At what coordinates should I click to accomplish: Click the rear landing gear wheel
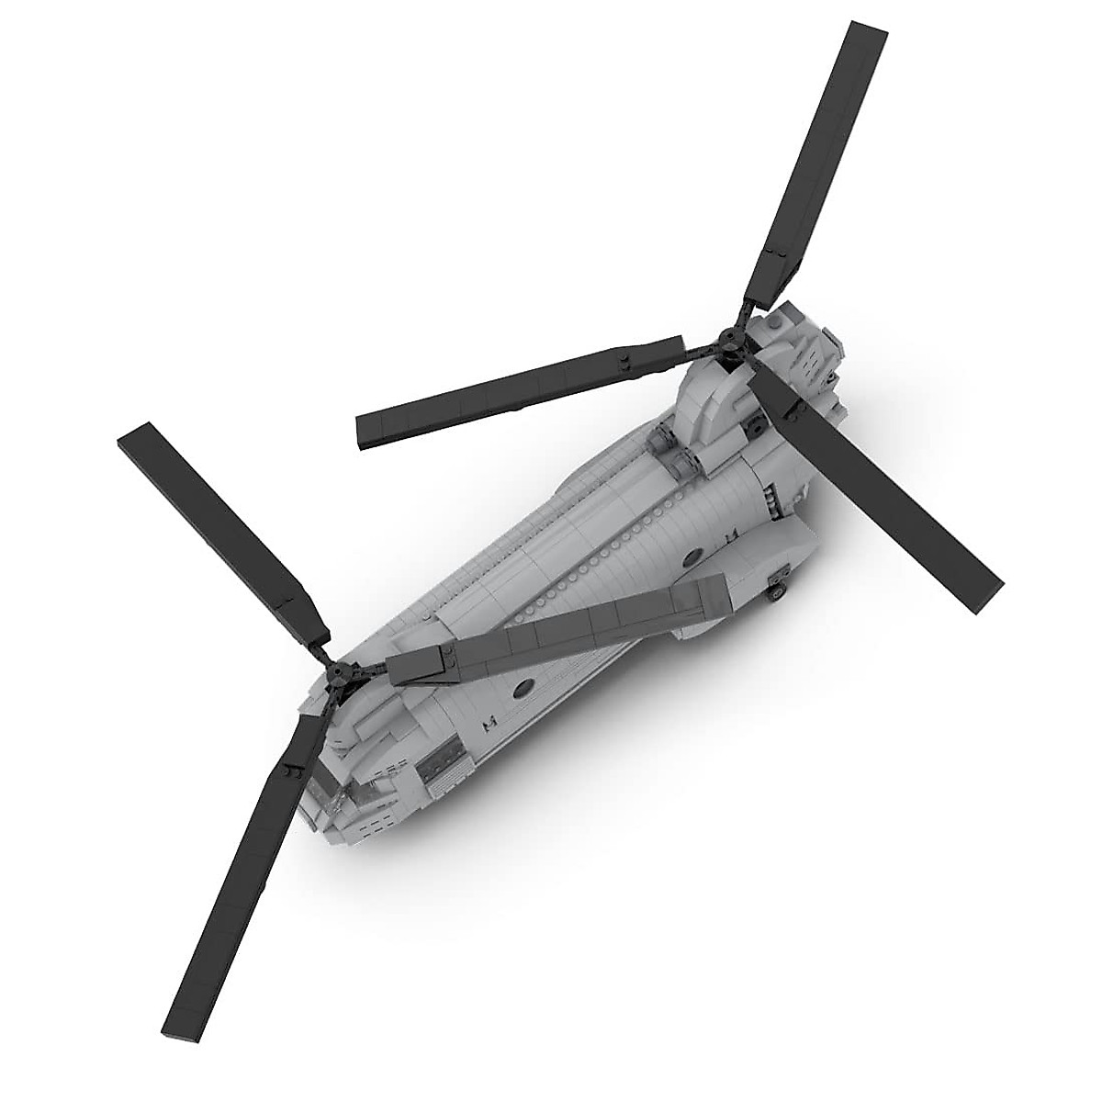tap(777, 592)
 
